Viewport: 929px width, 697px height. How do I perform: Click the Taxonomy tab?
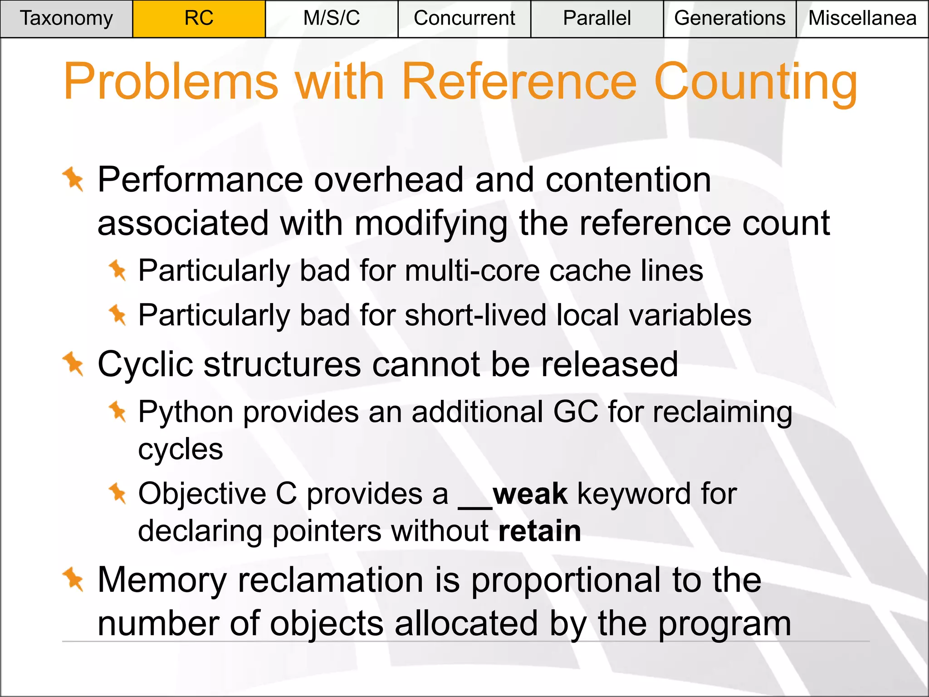pos(66,19)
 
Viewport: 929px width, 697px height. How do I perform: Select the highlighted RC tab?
pos(199,19)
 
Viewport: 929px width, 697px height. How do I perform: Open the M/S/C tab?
pos(332,19)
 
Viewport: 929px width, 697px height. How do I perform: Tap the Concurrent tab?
pos(464,19)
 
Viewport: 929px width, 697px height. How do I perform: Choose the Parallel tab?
pos(597,19)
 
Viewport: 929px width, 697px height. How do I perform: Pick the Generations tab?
pos(729,19)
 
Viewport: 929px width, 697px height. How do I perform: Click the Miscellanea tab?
pos(862,19)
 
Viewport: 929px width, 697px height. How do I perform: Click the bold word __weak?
pos(513,494)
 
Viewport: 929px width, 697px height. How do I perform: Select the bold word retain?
pos(539,531)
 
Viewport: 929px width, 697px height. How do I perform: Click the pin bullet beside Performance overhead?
pos(73,179)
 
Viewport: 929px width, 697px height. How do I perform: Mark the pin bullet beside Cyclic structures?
pos(73,363)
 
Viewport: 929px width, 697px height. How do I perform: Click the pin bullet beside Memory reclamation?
pos(73,579)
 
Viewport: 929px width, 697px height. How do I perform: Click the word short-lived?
pos(475,315)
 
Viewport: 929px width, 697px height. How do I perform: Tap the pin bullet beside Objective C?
pos(118,493)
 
